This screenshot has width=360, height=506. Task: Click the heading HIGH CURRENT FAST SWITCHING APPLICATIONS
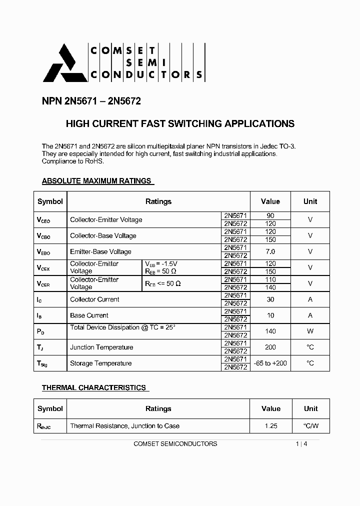pos(180,123)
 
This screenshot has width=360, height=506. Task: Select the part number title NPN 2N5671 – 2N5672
pos(91,101)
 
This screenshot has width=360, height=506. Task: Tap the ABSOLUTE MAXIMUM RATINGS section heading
pos(96,180)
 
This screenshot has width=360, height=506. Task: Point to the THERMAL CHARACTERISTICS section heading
pos(94,387)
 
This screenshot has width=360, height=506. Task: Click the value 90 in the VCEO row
pos(270,216)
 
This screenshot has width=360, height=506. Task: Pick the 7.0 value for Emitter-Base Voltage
pos(270,251)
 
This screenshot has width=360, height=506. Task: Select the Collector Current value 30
pos(270,299)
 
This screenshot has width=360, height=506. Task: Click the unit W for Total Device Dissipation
pos(310,331)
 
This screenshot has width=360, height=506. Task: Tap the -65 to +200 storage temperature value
pos(270,363)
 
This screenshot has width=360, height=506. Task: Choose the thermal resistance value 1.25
pos(270,426)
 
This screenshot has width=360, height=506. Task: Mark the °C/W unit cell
pos(310,426)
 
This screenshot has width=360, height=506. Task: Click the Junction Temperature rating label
pos(101,347)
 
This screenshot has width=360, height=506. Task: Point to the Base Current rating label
pos(89,315)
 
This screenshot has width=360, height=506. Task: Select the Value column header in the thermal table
pos(270,408)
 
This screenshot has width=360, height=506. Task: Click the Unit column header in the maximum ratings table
pos(310,201)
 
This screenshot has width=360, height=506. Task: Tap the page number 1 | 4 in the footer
pos(301,443)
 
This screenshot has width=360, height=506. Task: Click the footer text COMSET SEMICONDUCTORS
pos(175,443)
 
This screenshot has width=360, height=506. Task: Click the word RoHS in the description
pos(93,161)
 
